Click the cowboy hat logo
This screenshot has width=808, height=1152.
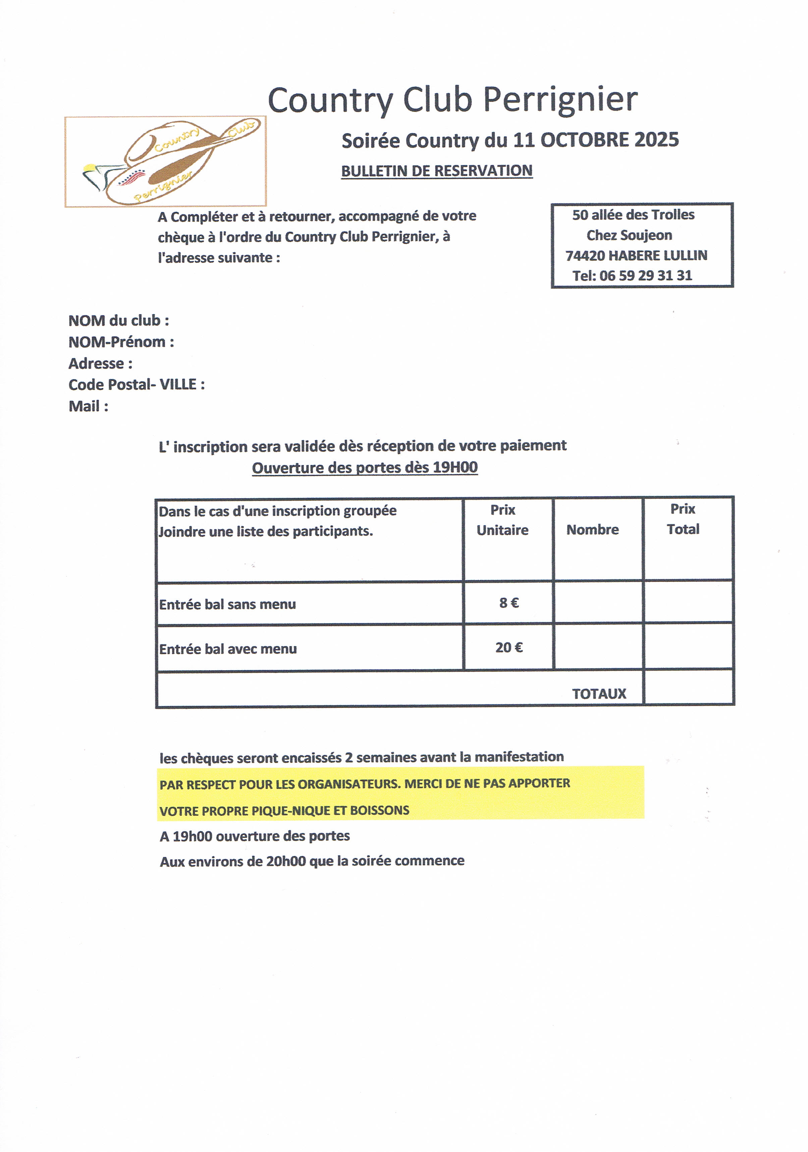(166, 162)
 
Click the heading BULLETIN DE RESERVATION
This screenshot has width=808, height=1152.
(437, 171)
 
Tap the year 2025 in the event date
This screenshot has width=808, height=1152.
(656, 140)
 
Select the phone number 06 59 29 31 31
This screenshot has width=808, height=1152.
(646, 276)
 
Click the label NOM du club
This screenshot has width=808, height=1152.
(118, 321)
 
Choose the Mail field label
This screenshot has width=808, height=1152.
(88, 406)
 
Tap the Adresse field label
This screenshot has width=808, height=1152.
(100, 363)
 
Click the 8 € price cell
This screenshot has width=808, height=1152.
(508, 603)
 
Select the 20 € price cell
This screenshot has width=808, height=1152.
(508, 648)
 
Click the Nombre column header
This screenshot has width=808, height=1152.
(592, 530)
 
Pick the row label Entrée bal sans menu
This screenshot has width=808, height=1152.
(227, 604)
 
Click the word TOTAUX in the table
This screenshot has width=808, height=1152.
(599, 694)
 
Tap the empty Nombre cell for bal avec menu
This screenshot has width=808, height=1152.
(598, 647)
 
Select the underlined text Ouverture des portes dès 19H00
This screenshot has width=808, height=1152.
(365, 468)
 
